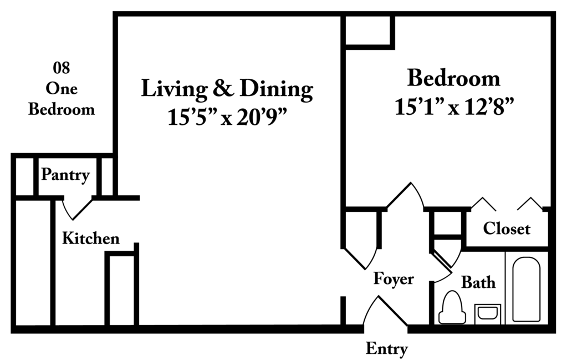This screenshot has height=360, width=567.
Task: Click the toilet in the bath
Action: click(x=452, y=307)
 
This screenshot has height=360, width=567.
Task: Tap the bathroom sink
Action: click(x=487, y=314)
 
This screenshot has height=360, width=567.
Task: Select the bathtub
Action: click(x=526, y=289)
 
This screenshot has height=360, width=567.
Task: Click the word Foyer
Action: click(x=394, y=279)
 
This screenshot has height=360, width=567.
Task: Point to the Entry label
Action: click(x=386, y=349)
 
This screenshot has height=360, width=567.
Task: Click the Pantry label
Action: click(x=65, y=175)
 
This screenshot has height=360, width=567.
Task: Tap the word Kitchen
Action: click(x=90, y=238)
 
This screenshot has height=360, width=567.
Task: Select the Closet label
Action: click(x=507, y=229)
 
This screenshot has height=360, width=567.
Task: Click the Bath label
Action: click(x=478, y=282)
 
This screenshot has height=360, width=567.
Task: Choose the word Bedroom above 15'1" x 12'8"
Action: click(x=454, y=78)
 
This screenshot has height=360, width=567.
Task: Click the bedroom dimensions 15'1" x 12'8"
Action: click(x=454, y=107)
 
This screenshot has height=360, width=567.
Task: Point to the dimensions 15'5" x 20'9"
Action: click(x=227, y=117)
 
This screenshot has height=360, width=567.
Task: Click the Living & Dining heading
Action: click(x=227, y=89)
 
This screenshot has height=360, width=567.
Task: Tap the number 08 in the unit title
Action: click(x=61, y=68)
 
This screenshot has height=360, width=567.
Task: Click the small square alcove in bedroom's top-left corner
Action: click(x=367, y=31)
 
